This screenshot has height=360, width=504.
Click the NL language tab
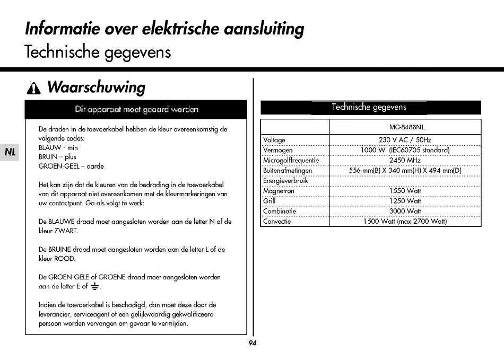[10, 152]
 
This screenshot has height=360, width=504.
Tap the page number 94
[252, 343]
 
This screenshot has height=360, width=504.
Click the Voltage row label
[274, 140]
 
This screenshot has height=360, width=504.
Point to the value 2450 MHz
[405, 160]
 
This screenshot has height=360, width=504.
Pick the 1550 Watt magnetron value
[405, 191]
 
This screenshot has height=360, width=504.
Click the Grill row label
[270, 201]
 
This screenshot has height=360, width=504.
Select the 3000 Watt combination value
[405, 211]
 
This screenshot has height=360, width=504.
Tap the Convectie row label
[277, 221]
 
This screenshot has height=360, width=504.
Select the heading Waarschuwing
[96, 87]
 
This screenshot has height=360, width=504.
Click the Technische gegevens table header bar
[370, 108]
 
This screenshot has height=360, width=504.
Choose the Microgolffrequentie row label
[291, 160]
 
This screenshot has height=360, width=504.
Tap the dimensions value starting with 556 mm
[405, 170]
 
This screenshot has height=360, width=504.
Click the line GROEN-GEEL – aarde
[71, 166]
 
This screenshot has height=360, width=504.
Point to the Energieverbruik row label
[285, 181]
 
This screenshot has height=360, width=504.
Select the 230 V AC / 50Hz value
[405, 140]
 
